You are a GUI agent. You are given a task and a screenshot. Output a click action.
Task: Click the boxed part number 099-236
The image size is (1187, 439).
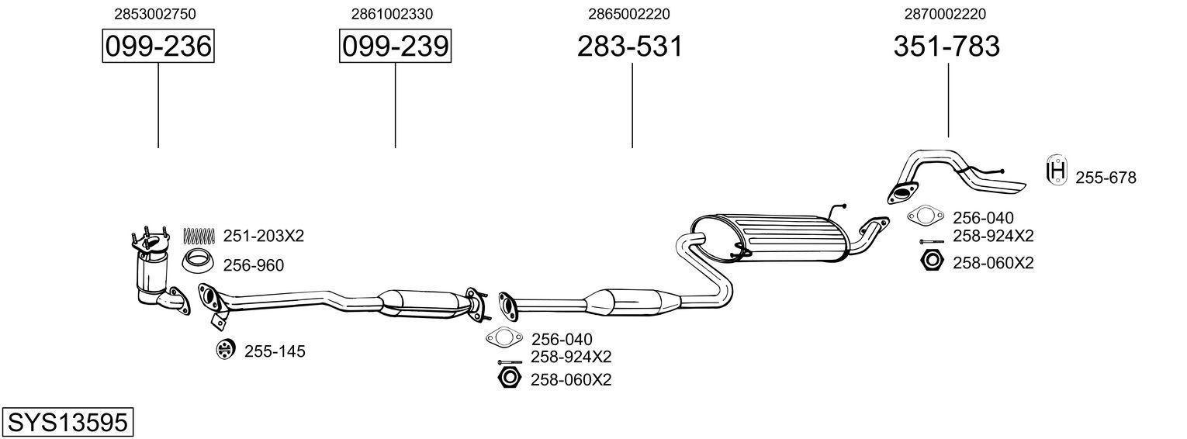tap(158, 47)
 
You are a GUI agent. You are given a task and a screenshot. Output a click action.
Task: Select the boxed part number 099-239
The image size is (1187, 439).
tap(395, 47)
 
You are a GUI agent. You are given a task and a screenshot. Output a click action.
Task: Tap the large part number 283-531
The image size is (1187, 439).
tap(630, 47)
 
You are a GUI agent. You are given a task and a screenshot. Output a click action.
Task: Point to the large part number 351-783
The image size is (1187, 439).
tap(946, 47)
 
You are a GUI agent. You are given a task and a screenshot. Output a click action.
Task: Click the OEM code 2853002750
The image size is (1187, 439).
tap(154, 14)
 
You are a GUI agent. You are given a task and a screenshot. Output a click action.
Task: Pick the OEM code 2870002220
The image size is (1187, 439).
tap(946, 14)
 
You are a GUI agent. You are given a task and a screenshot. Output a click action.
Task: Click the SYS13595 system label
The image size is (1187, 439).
tap(67, 423)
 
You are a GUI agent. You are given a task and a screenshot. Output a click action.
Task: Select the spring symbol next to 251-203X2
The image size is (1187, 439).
tap(198, 235)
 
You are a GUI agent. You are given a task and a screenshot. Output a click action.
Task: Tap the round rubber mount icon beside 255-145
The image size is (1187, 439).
tap(225, 351)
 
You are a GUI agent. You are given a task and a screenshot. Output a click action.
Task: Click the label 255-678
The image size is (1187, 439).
tap(1105, 178)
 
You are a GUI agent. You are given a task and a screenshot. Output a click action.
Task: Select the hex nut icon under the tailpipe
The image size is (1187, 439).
tap(931, 261)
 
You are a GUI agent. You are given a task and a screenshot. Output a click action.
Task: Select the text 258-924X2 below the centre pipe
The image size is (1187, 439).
tap(571, 357)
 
